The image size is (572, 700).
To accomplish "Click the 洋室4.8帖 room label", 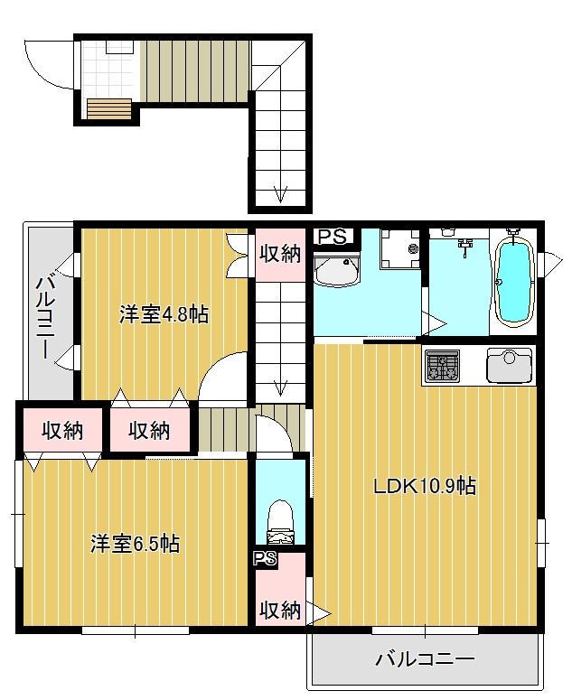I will click(x=164, y=314).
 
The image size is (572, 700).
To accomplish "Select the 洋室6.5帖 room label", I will click(x=135, y=544).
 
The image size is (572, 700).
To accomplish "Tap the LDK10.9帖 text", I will click(x=426, y=486).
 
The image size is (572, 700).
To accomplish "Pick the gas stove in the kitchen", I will click(x=441, y=367).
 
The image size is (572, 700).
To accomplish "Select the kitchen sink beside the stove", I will click(x=510, y=366).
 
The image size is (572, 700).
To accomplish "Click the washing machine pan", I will click(x=399, y=247).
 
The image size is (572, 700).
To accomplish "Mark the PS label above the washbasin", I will click(x=332, y=237).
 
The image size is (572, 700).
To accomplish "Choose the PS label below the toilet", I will click(x=265, y=558).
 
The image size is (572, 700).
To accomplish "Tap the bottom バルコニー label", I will click(x=425, y=659).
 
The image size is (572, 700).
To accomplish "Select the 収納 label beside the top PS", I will click(x=279, y=254).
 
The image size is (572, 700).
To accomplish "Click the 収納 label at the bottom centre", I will click(x=279, y=611).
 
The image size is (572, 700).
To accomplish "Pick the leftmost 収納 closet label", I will click(x=61, y=431).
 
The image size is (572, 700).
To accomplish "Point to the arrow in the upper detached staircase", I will click(x=280, y=193).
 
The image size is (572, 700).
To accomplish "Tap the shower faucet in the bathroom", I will click(x=466, y=244).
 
